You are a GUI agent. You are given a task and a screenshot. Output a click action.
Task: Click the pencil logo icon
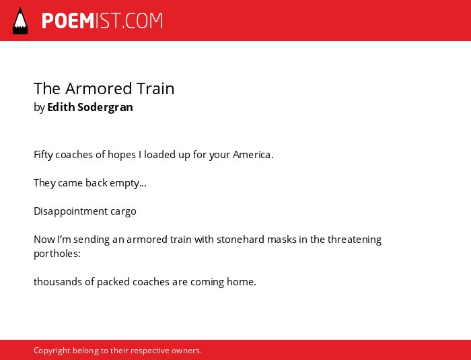(20, 21)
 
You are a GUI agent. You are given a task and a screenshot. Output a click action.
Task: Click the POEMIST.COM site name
(102, 21)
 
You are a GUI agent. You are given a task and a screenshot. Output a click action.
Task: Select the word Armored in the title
(99, 89)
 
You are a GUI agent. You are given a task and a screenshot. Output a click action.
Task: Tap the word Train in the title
(155, 89)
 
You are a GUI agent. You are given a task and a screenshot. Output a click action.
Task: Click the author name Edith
(61, 107)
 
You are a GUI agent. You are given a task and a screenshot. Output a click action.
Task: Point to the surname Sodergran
(105, 108)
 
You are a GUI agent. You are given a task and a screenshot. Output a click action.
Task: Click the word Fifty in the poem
(43, 155)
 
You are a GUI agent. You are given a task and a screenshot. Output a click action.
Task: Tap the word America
(253, 155)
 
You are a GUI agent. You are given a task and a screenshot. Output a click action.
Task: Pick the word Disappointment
(71, 211)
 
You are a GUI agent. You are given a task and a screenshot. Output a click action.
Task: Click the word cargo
(123, 212)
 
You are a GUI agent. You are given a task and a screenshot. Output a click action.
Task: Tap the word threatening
(355, 240)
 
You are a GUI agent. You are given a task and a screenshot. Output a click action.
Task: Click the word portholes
(57, 254)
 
